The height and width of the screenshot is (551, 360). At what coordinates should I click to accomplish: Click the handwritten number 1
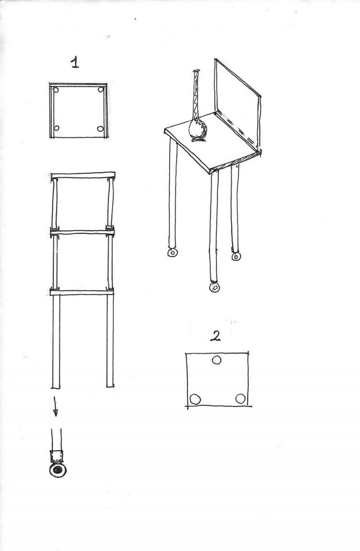point(75,62)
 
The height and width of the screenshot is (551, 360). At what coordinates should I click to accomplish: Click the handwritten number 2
point(215,336)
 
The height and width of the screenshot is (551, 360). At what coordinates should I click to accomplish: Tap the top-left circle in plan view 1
point(56,90)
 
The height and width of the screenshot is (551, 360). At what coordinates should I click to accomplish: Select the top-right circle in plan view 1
point(100,90)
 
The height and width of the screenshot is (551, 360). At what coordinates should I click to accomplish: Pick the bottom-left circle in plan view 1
point(56,128)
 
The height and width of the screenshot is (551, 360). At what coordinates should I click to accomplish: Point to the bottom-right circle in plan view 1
point(100,128)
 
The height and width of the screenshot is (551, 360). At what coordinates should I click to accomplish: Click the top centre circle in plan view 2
point(216,360)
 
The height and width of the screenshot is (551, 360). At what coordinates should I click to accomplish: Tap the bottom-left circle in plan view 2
point(195,399)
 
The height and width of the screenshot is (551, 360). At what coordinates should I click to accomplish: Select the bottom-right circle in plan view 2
point(240,399)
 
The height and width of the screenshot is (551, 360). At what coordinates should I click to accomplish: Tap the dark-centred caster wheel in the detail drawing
point(58,470)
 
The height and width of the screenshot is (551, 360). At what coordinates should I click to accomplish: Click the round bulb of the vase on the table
point(198,130)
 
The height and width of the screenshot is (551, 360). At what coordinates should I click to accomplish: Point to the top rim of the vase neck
point(197,71)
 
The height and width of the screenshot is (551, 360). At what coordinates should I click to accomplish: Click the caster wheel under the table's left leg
point(172,252)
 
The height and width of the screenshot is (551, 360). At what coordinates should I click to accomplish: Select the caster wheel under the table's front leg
point(215,287)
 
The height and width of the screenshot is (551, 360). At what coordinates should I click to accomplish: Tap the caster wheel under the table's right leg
point(236,256)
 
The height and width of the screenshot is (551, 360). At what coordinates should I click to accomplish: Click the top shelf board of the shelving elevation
point(83,175)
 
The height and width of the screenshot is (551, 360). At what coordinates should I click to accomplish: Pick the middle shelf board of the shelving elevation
point(82,233)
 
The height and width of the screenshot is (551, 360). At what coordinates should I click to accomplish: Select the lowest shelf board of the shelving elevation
point(82,292)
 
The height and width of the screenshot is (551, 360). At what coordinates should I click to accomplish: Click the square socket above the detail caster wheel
point(56,456)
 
